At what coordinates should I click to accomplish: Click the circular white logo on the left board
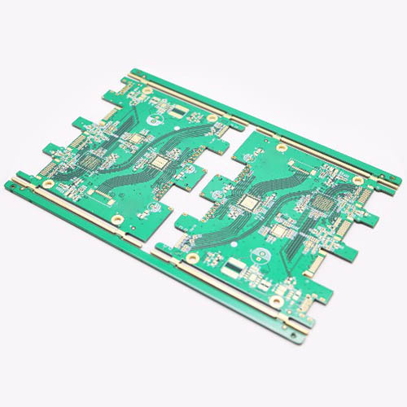153,123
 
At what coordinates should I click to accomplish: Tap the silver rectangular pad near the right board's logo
234,265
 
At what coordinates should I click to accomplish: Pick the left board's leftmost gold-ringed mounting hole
36,173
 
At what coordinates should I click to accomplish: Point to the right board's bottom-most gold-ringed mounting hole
277,302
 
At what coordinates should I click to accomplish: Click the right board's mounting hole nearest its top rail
282,147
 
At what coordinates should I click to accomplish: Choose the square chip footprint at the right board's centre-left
247,201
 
